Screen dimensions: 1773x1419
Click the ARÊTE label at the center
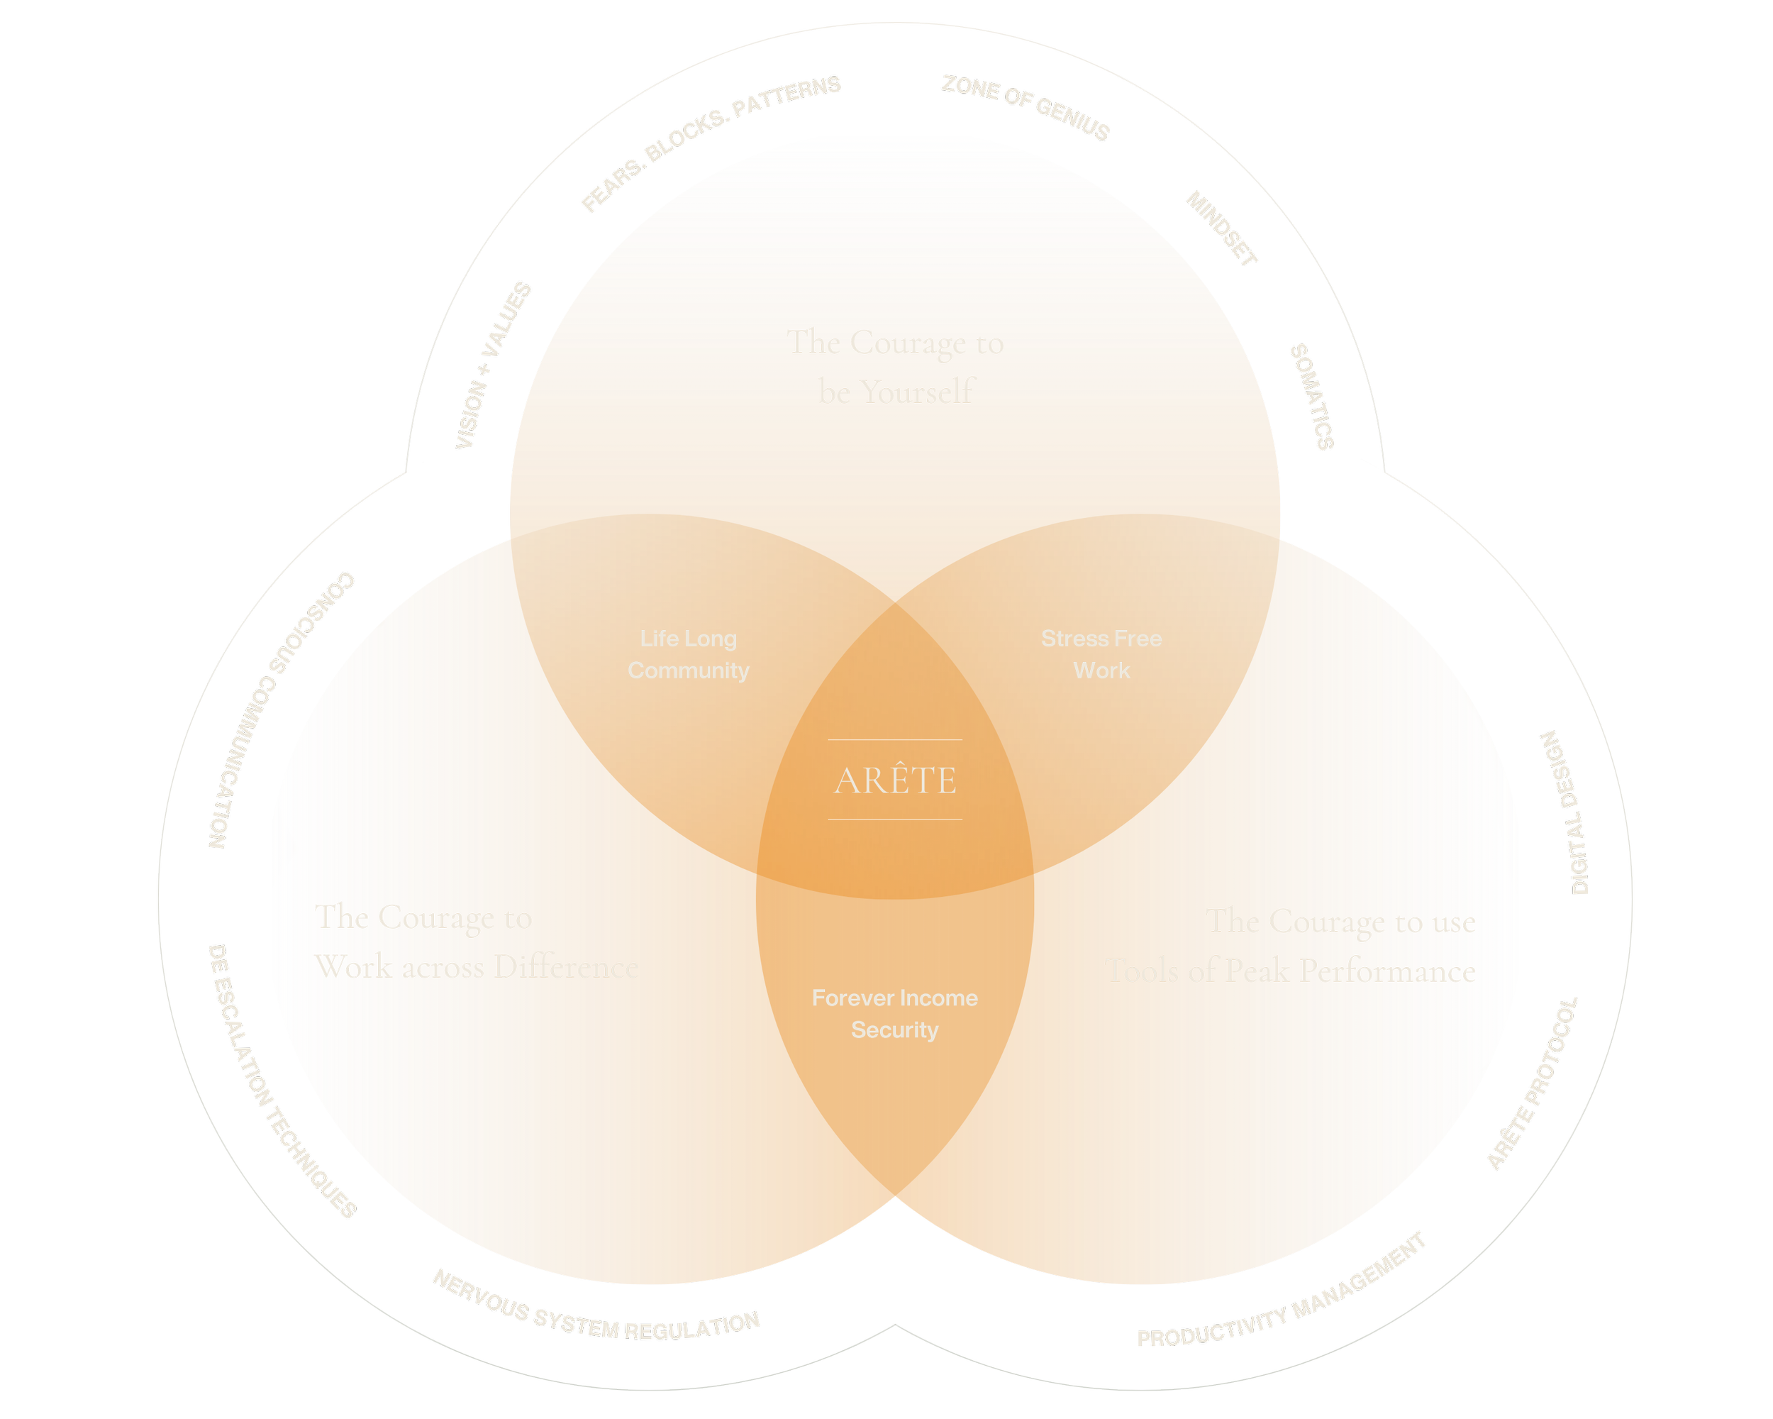coord(895,780)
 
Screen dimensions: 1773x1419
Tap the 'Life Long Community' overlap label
coord(689,654)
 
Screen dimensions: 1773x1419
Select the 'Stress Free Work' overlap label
coord(1101,654)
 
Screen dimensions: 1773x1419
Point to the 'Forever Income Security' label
coord(895,1013)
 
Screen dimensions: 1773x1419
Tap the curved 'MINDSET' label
coord(1221,231)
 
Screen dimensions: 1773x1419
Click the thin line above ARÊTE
coord(895,739)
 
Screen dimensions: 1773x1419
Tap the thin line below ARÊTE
coord(895,819)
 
